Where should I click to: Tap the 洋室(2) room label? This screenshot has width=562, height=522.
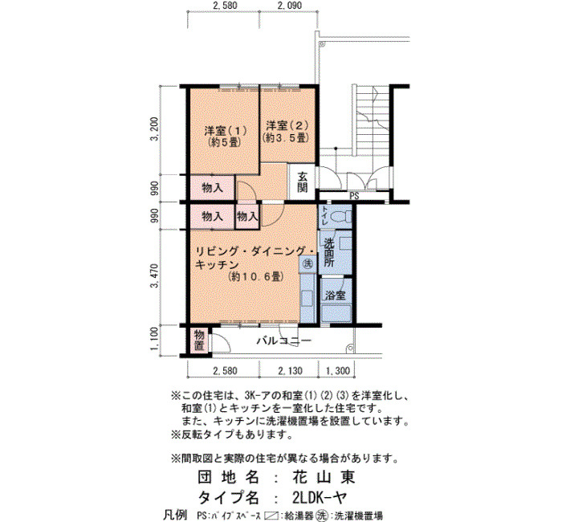(x=287, y=125)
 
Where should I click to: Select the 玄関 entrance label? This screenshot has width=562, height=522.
(x=303, y=181)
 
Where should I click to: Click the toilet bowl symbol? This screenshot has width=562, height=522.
(x=340, y=217)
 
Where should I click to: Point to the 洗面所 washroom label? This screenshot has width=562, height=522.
(x=328, y=252)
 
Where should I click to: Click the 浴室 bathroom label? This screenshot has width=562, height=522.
(x=336, y=296)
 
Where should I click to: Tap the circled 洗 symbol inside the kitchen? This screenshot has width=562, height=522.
(x=307, y=264)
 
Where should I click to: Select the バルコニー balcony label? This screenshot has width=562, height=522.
(x=283, y=341)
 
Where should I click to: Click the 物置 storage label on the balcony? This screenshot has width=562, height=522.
(x=199, y=341)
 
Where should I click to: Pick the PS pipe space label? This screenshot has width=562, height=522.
(x=354, y=196)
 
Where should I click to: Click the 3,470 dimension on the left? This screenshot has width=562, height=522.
(x=154, y=275)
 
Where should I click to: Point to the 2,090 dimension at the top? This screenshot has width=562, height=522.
(x=290, y=6)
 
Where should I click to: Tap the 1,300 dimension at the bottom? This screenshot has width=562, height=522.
(x=337, y=371)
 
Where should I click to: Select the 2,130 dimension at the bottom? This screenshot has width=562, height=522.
(x=290, y=371)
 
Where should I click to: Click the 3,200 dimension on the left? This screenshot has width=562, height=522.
(x=154, y=129)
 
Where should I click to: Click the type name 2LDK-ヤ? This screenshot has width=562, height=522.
(x=320, y=497)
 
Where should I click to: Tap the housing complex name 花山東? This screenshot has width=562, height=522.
(x=324, y=477)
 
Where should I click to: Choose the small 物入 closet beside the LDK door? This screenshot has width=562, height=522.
(x=247, y=216)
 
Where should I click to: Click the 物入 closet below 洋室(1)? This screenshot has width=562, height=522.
(x=212, y=187)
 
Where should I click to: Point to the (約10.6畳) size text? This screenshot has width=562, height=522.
(x=256, y=277)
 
